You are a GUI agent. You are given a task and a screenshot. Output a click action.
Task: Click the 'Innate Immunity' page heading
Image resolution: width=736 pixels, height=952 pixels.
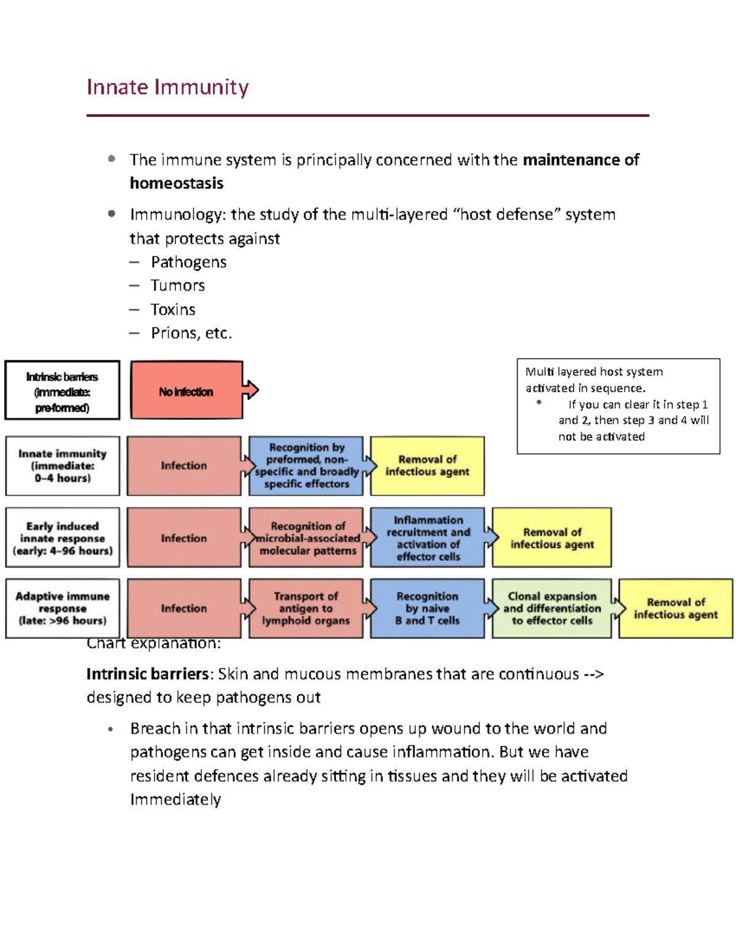click(167, 87)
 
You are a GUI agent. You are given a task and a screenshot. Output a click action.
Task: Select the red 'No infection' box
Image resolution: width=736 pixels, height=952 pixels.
click(186, 391)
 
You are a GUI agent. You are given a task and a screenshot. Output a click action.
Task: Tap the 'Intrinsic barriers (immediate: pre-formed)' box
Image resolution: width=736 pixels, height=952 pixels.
click(62, 391)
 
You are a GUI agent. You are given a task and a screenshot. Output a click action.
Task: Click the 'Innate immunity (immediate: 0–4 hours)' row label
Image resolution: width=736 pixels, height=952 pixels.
click(62, 466)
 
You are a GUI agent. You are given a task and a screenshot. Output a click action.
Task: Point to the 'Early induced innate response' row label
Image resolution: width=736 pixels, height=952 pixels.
click(62, 538)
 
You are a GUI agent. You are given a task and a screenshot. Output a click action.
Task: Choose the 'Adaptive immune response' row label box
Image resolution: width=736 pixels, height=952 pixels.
click(62, 608)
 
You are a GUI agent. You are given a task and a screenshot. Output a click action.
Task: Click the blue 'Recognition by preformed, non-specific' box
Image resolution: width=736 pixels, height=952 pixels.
click(306, 466)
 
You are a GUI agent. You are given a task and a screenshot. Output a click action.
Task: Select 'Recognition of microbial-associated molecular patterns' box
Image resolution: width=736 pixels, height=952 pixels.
click(307, 538)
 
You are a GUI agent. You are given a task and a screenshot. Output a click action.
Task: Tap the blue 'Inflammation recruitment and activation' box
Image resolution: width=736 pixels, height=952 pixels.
click(427, 538)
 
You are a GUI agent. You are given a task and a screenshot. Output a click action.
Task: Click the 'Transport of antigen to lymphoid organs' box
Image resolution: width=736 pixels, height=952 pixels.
click(305, 608)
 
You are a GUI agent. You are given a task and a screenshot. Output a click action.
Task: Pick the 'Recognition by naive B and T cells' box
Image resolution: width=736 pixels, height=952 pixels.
click(427, 608)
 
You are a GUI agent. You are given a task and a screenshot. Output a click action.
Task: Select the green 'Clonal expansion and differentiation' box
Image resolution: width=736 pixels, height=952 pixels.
click(551, 608)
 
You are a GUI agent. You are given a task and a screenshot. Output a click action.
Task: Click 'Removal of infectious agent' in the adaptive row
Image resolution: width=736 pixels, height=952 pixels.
click(675, 608)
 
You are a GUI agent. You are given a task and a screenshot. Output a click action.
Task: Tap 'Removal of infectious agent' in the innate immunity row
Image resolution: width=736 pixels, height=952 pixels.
click(427, 466)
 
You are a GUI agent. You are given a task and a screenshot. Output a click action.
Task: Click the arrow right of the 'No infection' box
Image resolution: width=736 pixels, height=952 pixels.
click(251, 390)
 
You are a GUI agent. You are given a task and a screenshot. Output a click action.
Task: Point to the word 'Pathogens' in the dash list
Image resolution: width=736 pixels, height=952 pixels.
click(188, 262)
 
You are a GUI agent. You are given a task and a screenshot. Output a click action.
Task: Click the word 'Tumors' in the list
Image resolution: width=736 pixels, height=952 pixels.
click(178, 286)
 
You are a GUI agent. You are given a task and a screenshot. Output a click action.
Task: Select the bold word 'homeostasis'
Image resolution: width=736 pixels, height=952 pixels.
click(177, 183)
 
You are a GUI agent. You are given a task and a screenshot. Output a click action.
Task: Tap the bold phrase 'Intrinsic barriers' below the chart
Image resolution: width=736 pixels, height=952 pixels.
click(147, 674)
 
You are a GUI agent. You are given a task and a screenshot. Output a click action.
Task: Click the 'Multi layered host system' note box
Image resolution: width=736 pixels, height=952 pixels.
click(618, 406)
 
